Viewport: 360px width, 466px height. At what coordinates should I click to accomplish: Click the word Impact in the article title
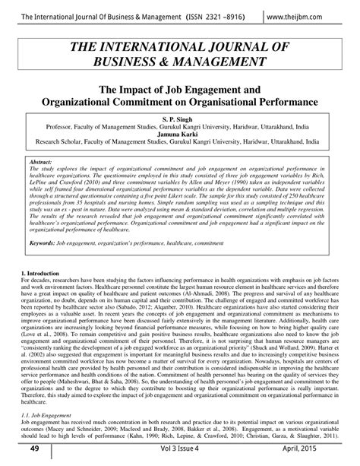138,89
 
